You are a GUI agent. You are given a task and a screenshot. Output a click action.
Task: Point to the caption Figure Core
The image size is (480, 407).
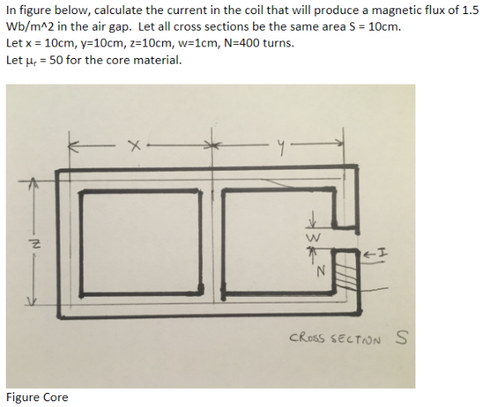[37, 397]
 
